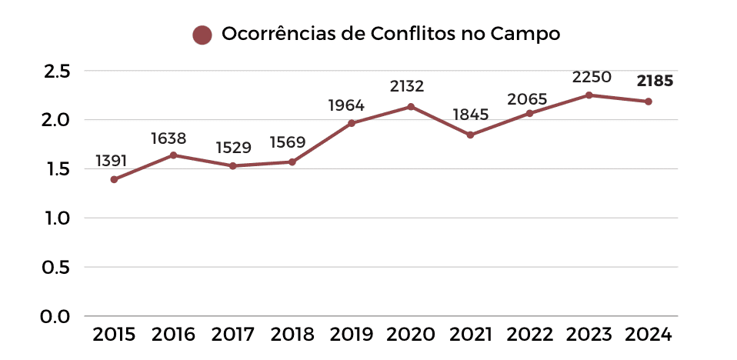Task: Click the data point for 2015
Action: tap(114, 179)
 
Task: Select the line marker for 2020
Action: tap(411, 106)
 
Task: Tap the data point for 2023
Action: tap(589, 95)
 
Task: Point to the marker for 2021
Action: tap(470, 135)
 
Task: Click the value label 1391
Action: tap(111, 161)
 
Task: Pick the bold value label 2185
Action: tap(655, 80)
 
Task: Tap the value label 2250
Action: tap(591, 77)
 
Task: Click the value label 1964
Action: tap(346, 105)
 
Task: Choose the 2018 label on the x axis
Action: tap(292, 335)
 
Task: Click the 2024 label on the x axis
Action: tap(649, 335)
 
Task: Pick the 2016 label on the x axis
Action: tap(174, 335)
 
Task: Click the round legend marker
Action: tap(202, 35)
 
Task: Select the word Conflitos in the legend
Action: tap(412, 35)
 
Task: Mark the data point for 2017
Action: tap(233, 165)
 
